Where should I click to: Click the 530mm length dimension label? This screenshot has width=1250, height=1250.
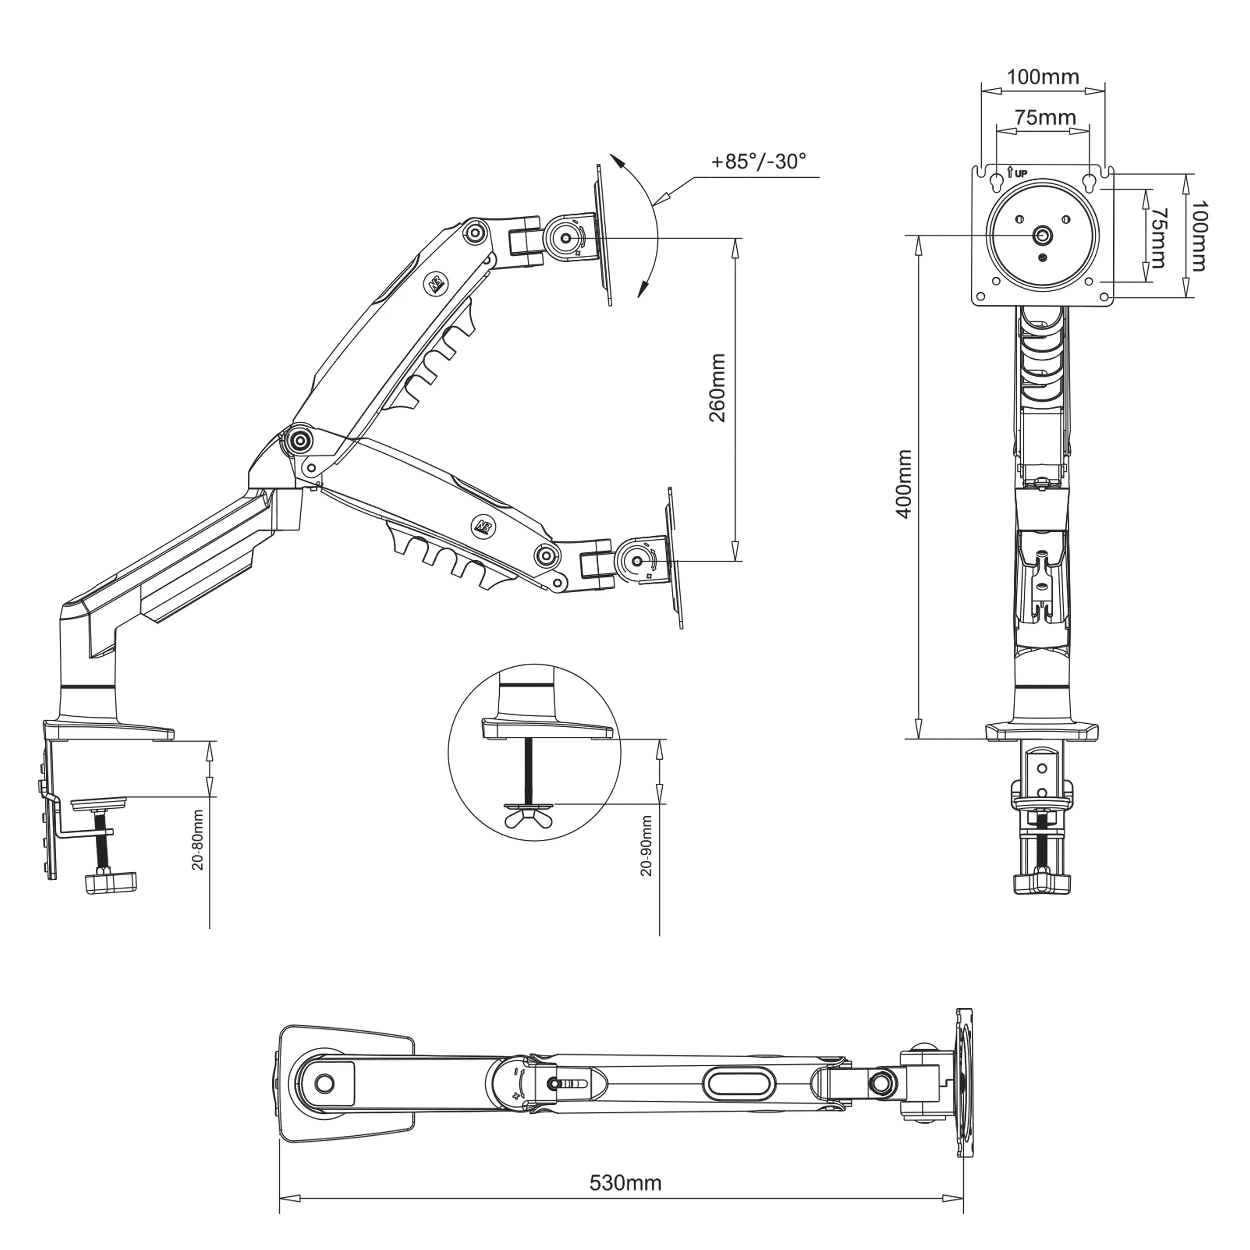tap(625, 1182)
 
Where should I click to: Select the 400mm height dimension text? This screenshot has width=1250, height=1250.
tap(904, 484)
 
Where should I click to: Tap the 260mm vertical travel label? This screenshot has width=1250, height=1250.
tap(717, 388)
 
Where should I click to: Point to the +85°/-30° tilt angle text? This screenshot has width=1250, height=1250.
tap(759, 161)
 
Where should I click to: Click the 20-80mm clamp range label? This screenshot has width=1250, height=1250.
tap(198, 840)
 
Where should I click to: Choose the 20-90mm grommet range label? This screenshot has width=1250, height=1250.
tap(646, 845)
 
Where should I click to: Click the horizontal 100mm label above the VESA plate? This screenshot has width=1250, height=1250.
tap(1043, 77)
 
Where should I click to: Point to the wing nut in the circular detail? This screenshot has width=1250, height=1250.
tap(529, 818)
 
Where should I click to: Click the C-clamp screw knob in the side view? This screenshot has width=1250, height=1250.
tap(111, 882)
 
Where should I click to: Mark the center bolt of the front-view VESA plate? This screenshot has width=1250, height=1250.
tap(1041, 236)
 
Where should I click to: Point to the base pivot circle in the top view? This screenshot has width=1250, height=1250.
tap(325, 1083)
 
